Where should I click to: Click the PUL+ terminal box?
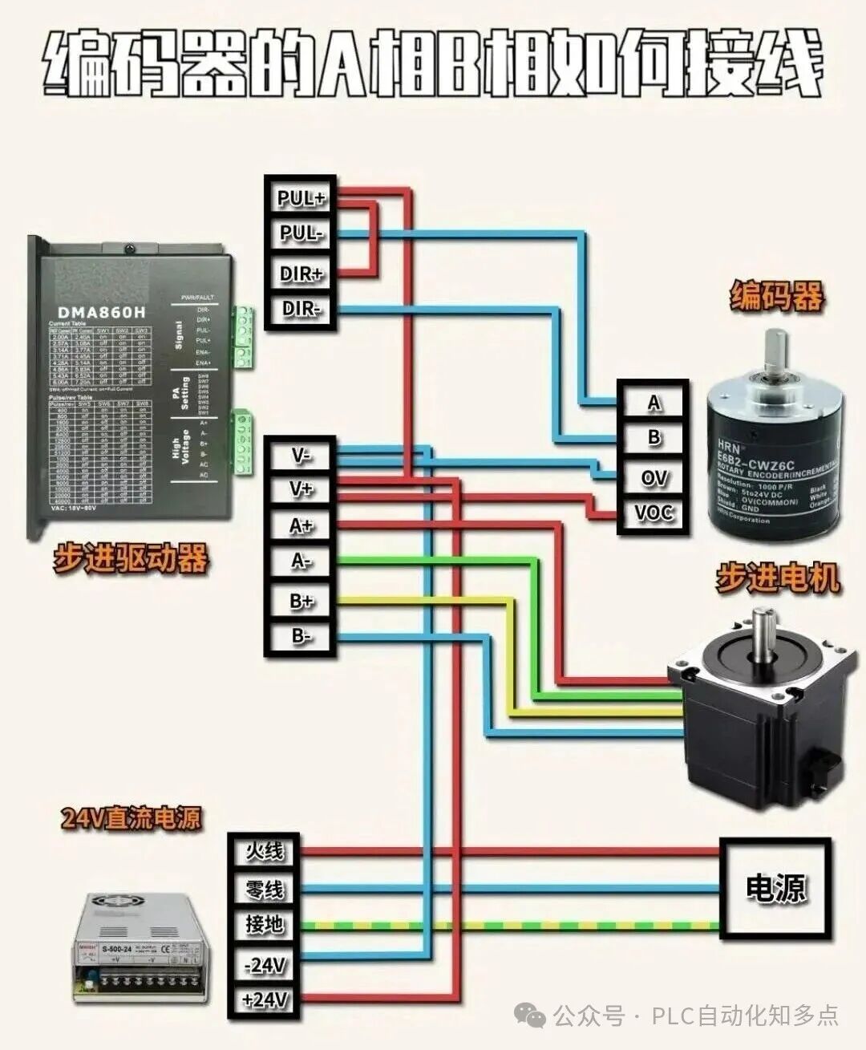pyautogui.click(x=300, y=197)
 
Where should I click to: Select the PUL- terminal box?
pyautogui.click(x=300, y=234)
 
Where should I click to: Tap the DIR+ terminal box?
pyautogui.click(x=300, y=273)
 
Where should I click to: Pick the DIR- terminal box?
pyautogui.click(x=300, y=309)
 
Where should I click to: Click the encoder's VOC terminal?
pyautogui.click(x=654, y=513)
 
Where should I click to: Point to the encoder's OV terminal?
pyautogui.click(x=654, y=477)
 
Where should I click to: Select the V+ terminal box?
pyautogui.click(x=300, y=489)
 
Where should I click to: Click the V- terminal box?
pyautogui.click(x=300, y=456)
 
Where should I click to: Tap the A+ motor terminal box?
pyautogui.click(x=300, y=526)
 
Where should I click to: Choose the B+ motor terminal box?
pyautogui.click(x=300, y=601)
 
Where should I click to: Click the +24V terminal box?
pyautogui.click(x=264, y=999)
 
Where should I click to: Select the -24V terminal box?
pyautogui.click(x=264, y=965)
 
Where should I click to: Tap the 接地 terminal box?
pyautogui.click(x=264, y=925)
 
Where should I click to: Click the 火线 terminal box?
pyautogui.click(x=264, y=851)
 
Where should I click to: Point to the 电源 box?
pyautogui.click(x=775, y=888)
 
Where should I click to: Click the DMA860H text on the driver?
pyautogui.click(x=102, y=312)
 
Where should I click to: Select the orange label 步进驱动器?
pyautogui.click(x=130, y=557)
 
